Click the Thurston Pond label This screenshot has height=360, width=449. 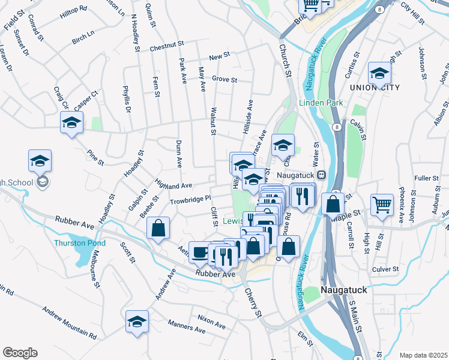[x=80, y=243]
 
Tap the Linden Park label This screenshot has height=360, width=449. [x=321, y=103]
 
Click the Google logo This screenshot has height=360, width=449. [x=20, y=353]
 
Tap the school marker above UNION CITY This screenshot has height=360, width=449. [x=379, y=74]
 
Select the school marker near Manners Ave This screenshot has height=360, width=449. [x=137, y=322]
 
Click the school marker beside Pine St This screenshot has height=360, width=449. [x=71, y=122]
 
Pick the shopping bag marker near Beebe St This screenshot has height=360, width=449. [x=158, y=228]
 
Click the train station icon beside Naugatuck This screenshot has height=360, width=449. [x=322, y=175]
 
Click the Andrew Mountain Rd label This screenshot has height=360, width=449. [x=69, y=323]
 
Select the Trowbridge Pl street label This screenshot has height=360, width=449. [x=191, y=199]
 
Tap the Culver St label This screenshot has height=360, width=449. [x=385, y=269]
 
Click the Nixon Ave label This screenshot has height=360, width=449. [x=211, y=321]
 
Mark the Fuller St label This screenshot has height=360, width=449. [x=427, y=178]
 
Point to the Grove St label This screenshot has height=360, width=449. [x=225, y=79]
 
